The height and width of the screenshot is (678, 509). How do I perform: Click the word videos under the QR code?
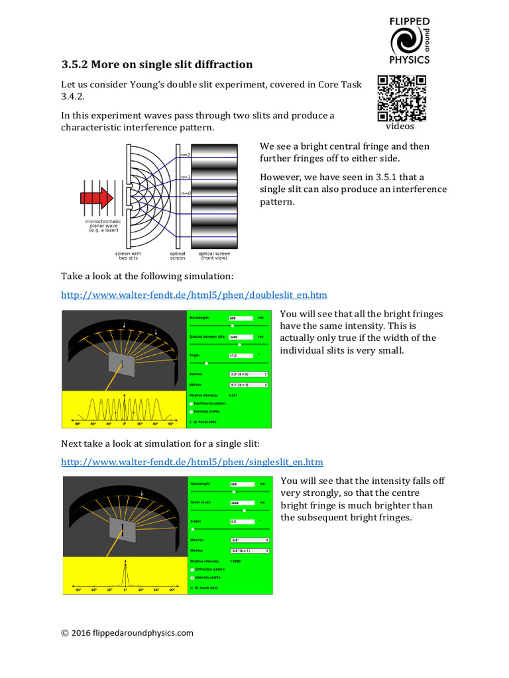coord(400,126)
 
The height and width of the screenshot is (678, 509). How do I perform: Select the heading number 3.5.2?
coord(74,65)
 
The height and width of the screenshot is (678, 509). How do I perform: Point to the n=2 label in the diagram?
coord(186,155)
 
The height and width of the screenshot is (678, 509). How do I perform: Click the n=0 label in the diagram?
coord(186,193)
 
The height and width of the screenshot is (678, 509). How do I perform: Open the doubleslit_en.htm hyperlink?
coord(194,295)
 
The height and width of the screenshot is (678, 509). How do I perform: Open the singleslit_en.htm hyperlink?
coord(192,461)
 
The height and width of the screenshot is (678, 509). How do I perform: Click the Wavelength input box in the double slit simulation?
coord(241,318)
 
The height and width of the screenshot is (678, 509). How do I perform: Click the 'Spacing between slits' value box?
coord(241,336)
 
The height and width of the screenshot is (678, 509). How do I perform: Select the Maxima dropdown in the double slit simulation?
coord(248,374)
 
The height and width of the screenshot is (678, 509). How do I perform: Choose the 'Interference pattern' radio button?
coord(192,403)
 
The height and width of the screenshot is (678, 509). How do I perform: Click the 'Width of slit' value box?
coord(241,503)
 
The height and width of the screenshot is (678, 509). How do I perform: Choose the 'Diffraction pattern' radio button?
coord(192,569)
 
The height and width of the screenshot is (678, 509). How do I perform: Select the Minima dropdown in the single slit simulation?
coord(249,550)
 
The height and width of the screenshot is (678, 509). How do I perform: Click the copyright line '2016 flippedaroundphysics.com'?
coord(127,632)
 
